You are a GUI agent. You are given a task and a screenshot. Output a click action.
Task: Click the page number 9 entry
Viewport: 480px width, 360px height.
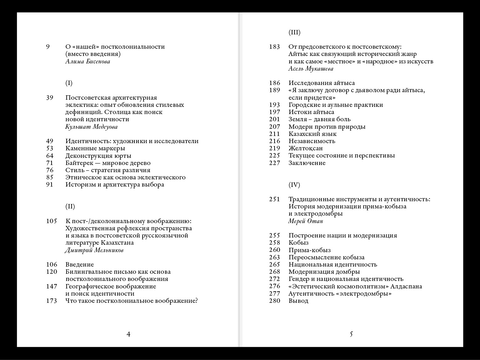[48, 47]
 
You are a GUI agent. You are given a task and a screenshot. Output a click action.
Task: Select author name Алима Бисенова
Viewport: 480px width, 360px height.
[88, 62]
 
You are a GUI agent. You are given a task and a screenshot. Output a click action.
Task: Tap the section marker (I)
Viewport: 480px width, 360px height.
[69, 83]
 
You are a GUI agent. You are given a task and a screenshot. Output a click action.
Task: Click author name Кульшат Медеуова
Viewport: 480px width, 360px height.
[91, 127]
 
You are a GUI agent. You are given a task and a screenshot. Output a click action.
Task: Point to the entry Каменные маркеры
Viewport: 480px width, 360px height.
[95, 148]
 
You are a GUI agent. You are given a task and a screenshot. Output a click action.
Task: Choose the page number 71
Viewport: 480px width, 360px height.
[50, 163]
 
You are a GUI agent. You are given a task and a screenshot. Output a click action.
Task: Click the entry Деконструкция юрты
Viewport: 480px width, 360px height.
[98, 156]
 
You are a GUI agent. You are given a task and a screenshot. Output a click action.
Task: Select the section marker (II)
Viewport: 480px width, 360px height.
[70, 207]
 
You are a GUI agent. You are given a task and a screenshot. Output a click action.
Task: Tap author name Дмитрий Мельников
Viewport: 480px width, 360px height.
[94, 250]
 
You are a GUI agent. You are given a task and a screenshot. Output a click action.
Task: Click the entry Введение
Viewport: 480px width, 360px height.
[79, 265]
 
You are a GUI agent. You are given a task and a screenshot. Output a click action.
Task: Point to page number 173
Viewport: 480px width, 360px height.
[52, 301]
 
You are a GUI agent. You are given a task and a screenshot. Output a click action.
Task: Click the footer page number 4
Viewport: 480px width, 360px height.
[128, 334]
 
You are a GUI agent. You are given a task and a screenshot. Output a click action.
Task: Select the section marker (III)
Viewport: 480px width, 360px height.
[294, 32]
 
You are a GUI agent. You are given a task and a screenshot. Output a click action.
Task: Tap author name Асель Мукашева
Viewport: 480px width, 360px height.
[311, 69]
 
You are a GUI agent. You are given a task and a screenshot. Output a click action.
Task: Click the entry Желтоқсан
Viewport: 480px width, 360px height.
[305, 148]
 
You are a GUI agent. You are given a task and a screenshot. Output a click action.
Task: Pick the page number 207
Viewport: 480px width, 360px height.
[275, 127]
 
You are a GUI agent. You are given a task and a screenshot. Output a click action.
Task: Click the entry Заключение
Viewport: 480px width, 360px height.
[307, 163]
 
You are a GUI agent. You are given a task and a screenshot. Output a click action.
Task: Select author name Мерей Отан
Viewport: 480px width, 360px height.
[306, 221]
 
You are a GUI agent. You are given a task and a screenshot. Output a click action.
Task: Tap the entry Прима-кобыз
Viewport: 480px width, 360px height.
[309, 250]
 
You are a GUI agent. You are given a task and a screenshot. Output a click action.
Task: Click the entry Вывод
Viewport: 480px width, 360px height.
[298, 301]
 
